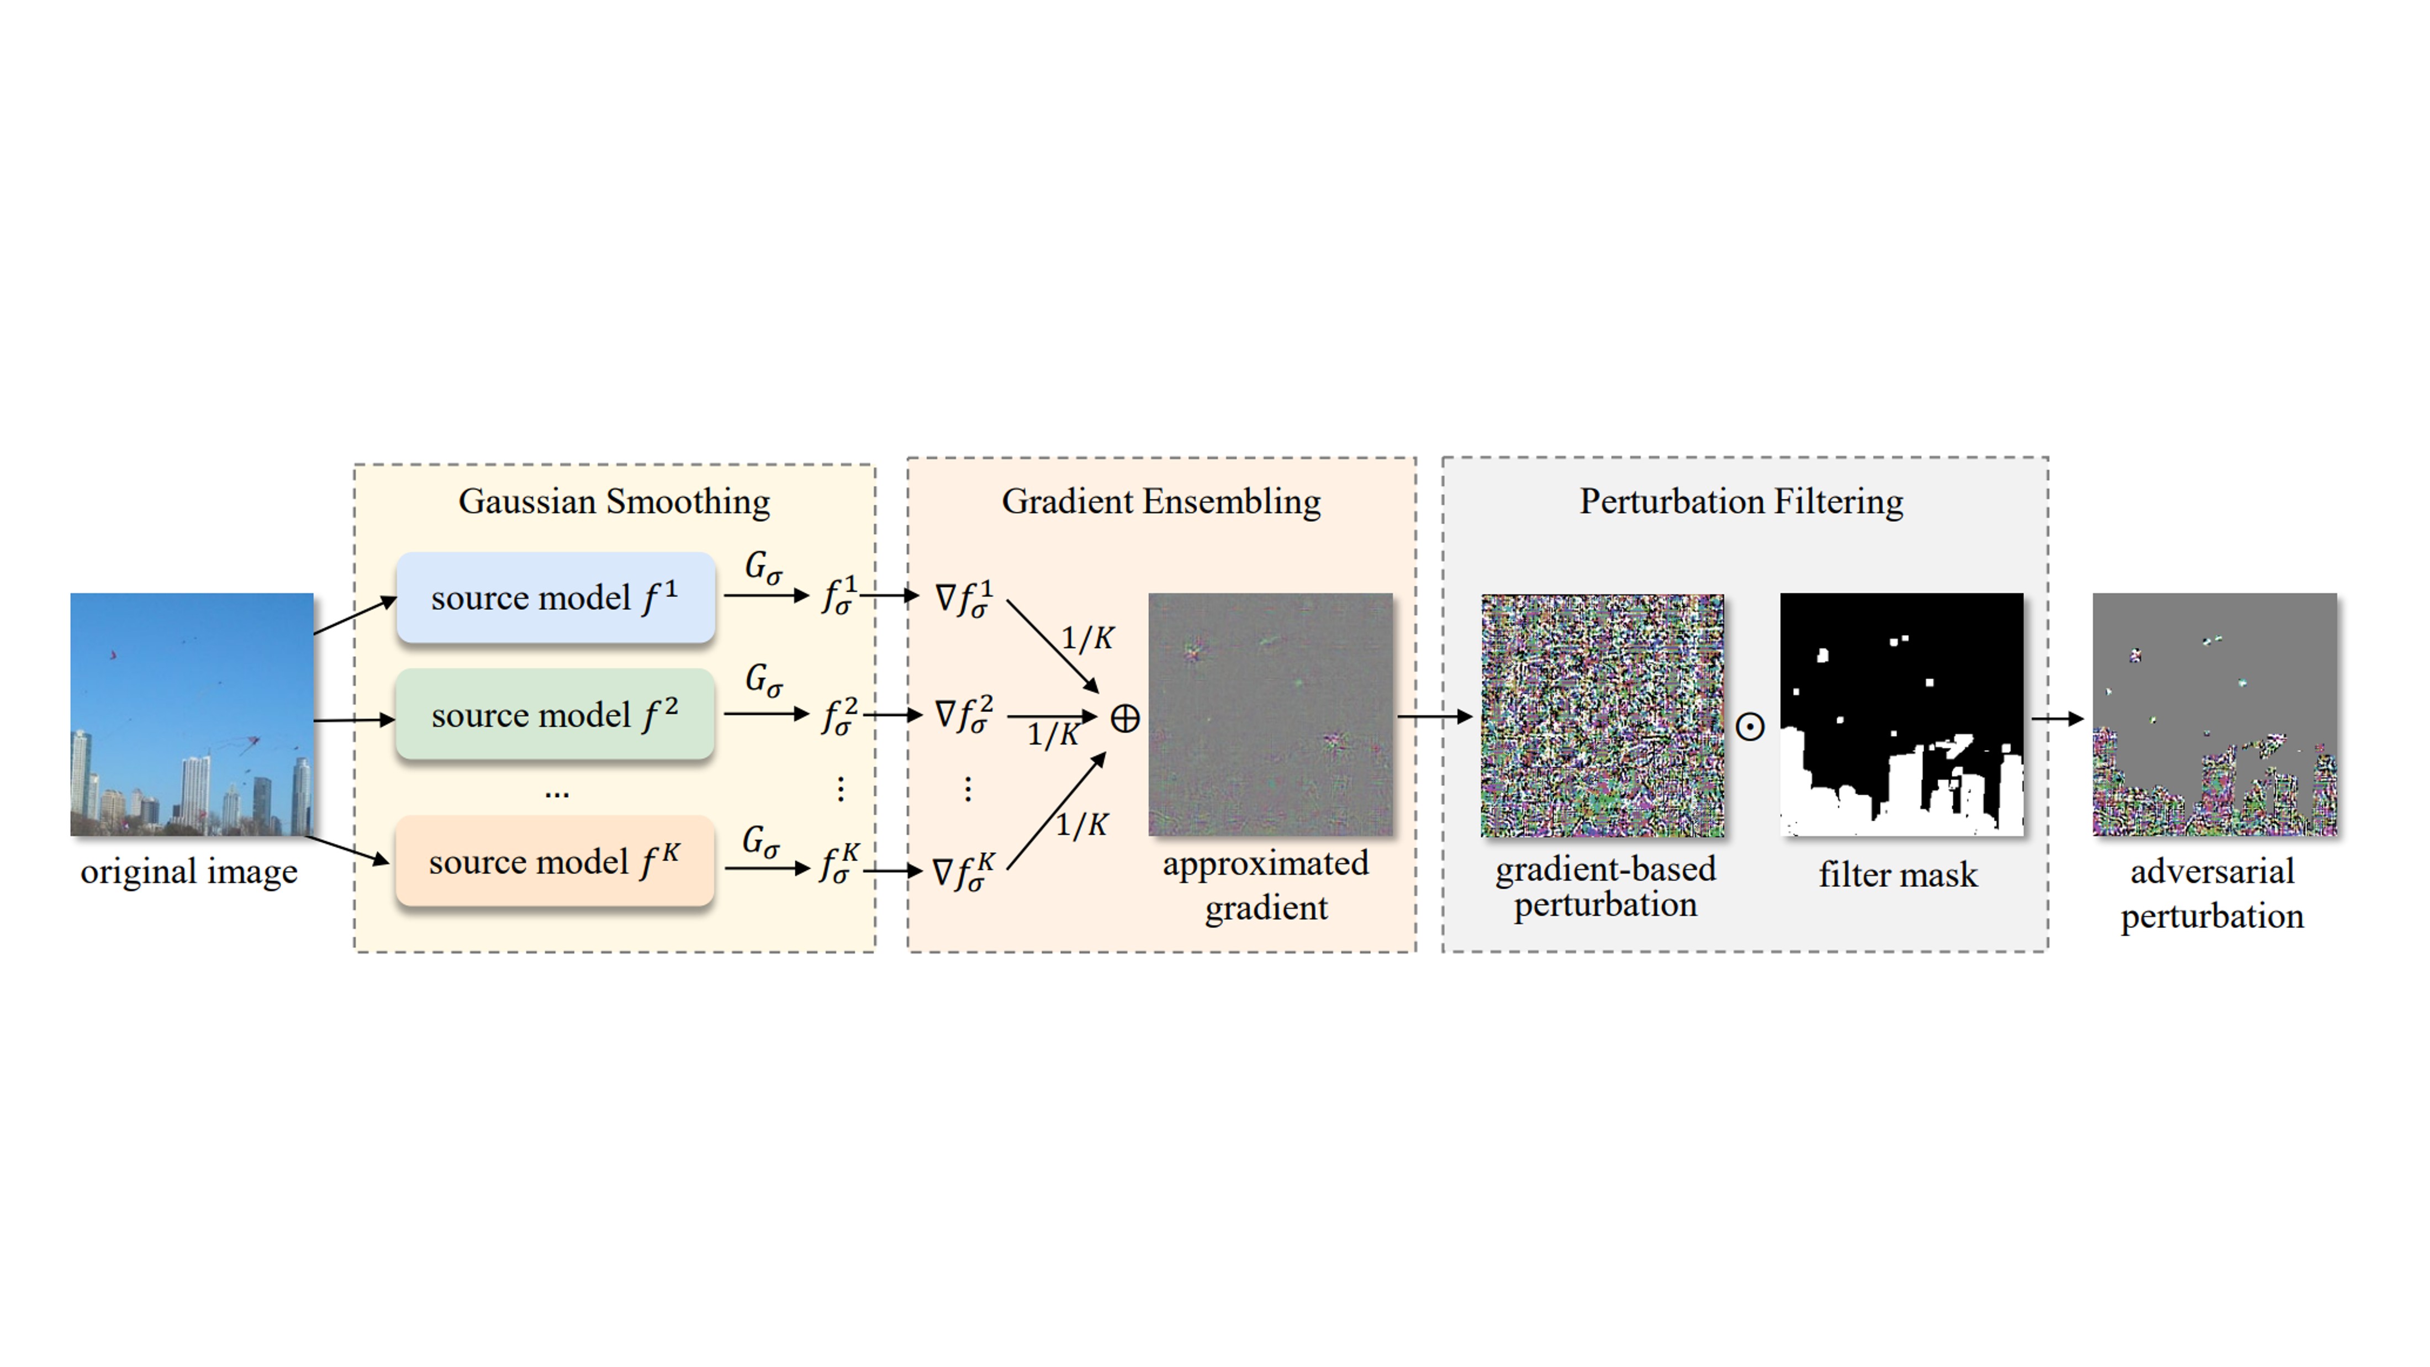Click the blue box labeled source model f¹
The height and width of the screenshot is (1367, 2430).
pos(554,597)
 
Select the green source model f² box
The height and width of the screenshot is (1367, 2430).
pos(554,714)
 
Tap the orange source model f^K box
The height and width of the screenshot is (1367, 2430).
pos(554,861)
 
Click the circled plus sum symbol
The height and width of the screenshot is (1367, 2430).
pos(1124,719)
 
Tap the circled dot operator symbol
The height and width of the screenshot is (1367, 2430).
pos(1750,726)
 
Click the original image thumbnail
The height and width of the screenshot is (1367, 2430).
pos(192,714)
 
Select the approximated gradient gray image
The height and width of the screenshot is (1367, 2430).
pos(1270,714)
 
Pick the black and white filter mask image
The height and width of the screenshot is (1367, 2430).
pos(1901,714)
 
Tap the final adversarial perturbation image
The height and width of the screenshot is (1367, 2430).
pos(2214,714)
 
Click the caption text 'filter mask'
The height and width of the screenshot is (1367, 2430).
pos(1898,874)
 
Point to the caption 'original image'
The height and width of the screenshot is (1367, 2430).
pos(189,872)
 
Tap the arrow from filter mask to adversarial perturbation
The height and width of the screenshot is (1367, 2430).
pos(2057,719)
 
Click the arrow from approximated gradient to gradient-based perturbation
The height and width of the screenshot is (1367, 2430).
pos(1434,717)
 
